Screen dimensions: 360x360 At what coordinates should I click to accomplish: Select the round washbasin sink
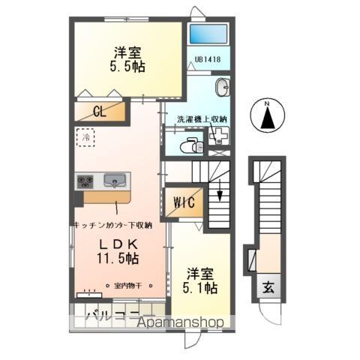coord(222,88)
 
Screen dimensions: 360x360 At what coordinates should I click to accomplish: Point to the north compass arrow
coord(268,118)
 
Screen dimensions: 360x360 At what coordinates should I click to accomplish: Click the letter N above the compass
coord(267,103)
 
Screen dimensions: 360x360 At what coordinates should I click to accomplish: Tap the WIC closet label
coord(184,202)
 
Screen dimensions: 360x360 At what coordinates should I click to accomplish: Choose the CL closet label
coord(99,112)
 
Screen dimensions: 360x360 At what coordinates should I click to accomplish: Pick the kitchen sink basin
coord(115,181)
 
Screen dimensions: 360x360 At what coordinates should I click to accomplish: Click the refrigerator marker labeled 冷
coord(86,138)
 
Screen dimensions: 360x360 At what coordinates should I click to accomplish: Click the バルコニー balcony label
coord(105,313)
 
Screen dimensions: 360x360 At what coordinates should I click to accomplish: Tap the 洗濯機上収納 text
coord(202,119)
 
